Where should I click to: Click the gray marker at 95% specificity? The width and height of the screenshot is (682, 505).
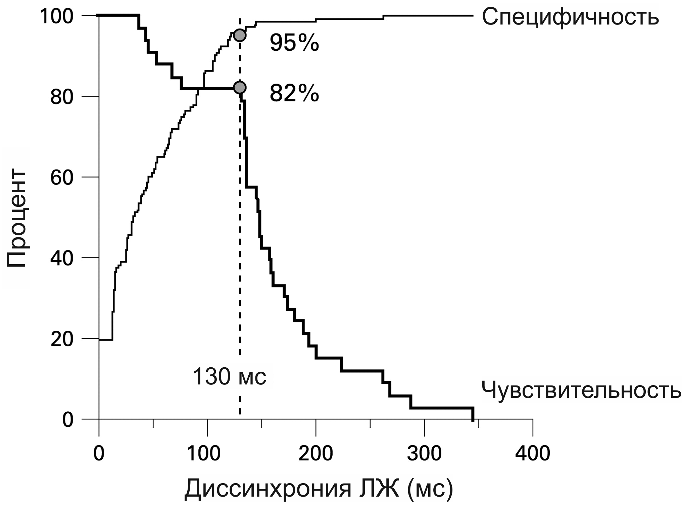pos(240,35)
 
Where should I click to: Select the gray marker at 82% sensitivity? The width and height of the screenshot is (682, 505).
pos(240,88)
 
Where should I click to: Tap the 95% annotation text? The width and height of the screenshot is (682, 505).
pos(294,43)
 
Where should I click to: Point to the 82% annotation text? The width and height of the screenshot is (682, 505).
pos(294,94)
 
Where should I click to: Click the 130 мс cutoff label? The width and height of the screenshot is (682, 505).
pos(230,377)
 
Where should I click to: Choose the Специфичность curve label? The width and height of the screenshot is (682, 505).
pos(570,17)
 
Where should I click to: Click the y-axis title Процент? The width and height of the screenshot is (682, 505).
pos(16,219)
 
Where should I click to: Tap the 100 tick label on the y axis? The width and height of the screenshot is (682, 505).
pos(56,16)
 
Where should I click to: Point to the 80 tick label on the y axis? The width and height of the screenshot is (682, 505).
pos(61,97)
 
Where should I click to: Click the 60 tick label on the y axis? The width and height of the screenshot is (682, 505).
pos(61,178)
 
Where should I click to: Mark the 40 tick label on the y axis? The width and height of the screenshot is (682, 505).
pos(61,258)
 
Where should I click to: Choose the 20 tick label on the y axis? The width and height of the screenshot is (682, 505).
pos(61,339)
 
